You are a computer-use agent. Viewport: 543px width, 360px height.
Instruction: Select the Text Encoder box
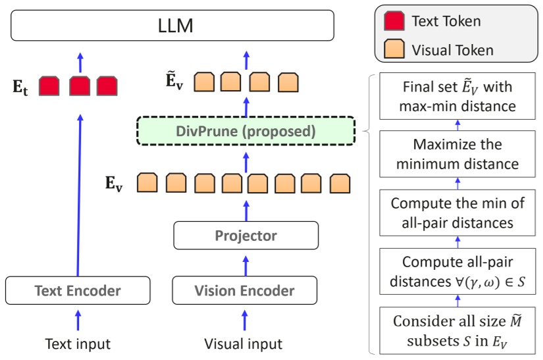[77, 290]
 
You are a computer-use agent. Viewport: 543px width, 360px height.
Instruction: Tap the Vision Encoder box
[246, 290]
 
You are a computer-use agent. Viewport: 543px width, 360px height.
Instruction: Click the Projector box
[246, 235]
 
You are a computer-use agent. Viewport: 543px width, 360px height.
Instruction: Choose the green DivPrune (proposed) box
[246, 132]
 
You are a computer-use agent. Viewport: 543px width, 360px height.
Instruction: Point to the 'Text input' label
[78, 344]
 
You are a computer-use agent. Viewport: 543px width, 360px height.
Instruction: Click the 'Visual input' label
[244, 344]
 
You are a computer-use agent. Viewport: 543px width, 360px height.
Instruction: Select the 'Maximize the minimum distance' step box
[457, 154]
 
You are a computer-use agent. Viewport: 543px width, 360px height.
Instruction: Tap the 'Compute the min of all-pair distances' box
[457, 213]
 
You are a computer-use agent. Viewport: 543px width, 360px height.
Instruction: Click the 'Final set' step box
[457, 96]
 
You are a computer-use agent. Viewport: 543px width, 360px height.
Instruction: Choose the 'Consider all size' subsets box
[457, 332]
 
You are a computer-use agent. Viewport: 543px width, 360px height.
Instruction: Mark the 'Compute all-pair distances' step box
[457, 272]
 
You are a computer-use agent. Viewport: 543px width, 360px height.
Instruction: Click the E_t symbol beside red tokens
[21, 88]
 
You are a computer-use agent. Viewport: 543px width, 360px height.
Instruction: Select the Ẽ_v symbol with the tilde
[174, 82]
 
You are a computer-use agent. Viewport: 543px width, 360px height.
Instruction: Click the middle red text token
[78, 86]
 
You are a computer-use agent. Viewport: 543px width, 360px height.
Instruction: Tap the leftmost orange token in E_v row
[147, 182]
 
